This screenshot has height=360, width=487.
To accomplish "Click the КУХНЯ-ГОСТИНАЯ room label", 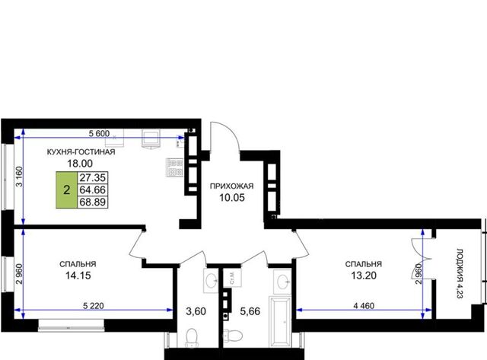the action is [x=81, y=152].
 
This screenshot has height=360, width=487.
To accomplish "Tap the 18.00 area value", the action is [x=80, y=163].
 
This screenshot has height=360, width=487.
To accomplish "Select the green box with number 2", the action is [x=66, y=190].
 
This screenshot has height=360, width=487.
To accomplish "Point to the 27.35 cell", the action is [x=93, y=177].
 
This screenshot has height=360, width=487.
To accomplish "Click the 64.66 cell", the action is [x=93, y=190].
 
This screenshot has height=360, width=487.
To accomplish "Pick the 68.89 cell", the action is [x=93, y=202].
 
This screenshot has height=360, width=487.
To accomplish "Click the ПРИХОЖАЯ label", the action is [x=231, y=186].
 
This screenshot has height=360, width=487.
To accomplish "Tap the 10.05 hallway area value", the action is [x=232, y=197].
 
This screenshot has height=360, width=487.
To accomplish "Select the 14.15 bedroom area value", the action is [x=78, y=276].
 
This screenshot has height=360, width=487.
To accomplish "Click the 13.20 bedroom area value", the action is [x=364, y=276].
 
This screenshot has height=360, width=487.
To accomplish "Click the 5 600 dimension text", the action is [x=99, y=133].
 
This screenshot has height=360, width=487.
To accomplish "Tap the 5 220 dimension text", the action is [x=94, y=306].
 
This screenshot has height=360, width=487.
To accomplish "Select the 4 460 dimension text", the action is [x=364, y=306].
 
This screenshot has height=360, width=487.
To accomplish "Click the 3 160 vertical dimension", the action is [x=19, y=177].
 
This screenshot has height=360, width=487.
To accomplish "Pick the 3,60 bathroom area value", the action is [x=196, y=311].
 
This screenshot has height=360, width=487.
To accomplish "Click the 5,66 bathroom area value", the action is [x=250, y=311].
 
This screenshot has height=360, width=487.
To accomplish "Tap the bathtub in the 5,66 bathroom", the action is [x=280, y=322].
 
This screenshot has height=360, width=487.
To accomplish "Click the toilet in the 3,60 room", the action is [x=192, y=338].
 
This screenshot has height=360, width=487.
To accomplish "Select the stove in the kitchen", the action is [x=175, y=167].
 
